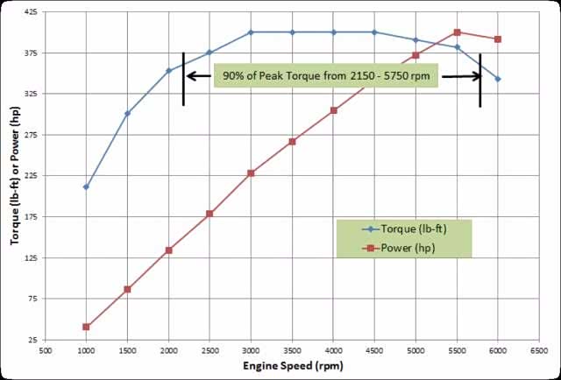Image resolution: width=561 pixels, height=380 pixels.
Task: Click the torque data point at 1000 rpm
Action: tap(86, 186)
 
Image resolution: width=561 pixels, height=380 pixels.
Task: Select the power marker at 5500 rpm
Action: tap(458, 32)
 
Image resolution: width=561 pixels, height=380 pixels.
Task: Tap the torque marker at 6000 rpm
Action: tap(498, 79)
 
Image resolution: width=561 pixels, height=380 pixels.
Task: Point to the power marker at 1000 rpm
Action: tap(86, 327)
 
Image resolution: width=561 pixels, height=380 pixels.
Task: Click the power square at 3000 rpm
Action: tap(251, 173)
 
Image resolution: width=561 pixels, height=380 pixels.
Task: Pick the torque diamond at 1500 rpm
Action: tap(127, 113)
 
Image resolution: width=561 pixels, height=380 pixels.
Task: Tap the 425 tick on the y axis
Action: tap(31, 12)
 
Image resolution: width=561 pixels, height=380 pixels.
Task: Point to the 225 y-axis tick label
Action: tap(31, 176)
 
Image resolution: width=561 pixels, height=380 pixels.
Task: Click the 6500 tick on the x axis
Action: tap(539, 349)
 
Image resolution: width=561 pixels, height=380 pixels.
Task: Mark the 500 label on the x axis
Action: tap(46, 349)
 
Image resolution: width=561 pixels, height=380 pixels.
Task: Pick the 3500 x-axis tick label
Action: tap(292, 349)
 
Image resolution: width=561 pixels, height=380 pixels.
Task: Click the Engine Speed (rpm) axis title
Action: tap(292, 365)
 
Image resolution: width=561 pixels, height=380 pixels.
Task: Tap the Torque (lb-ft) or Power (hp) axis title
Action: tap(14, 175)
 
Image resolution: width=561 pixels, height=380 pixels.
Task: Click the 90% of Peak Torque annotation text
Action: tap(327, 76)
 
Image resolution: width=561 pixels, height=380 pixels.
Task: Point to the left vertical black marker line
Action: tap(183, 79)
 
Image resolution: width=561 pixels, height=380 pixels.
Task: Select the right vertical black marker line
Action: tap(480, 79)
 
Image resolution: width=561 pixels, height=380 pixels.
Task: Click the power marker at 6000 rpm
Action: tap(498, 39)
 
